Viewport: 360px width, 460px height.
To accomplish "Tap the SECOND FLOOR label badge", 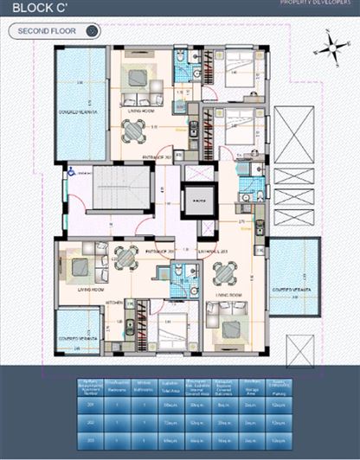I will (55, 31).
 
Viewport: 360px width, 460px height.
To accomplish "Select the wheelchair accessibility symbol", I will (72, 172).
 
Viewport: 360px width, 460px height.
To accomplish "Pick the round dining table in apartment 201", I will (134, 131).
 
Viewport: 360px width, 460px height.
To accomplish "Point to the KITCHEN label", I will (115, 303).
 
